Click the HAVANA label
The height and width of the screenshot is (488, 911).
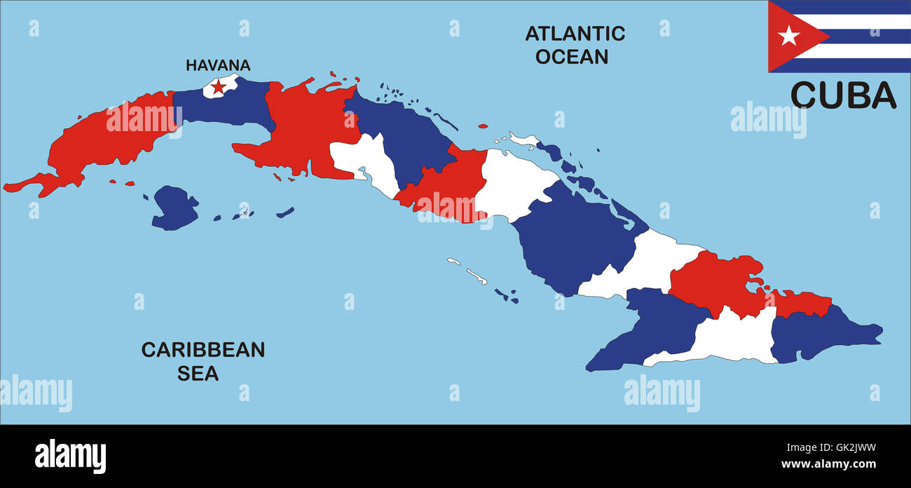(x=217, y=65)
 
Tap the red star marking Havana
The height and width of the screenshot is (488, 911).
(x=219, y=87)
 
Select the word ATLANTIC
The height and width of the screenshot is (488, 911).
(x=575, y=33)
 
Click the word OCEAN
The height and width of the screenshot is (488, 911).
(x=572, y=56)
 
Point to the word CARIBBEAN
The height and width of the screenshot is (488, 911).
(x=203, y=350)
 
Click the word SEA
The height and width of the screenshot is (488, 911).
(x=198, y=374)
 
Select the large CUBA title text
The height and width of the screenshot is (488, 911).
(x=843, y=96)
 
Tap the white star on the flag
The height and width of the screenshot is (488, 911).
(x=788, y=35)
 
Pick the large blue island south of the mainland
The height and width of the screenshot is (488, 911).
(x=173, y=208)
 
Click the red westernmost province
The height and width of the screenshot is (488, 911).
(x=105, y=140)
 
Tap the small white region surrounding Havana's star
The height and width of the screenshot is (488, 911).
(x=210, y=90)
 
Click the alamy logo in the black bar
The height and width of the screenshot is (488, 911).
(x=70, y=456)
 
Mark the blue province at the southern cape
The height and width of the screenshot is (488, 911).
(x=652, y=333)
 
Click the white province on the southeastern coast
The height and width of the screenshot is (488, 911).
(x=736, y=337)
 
